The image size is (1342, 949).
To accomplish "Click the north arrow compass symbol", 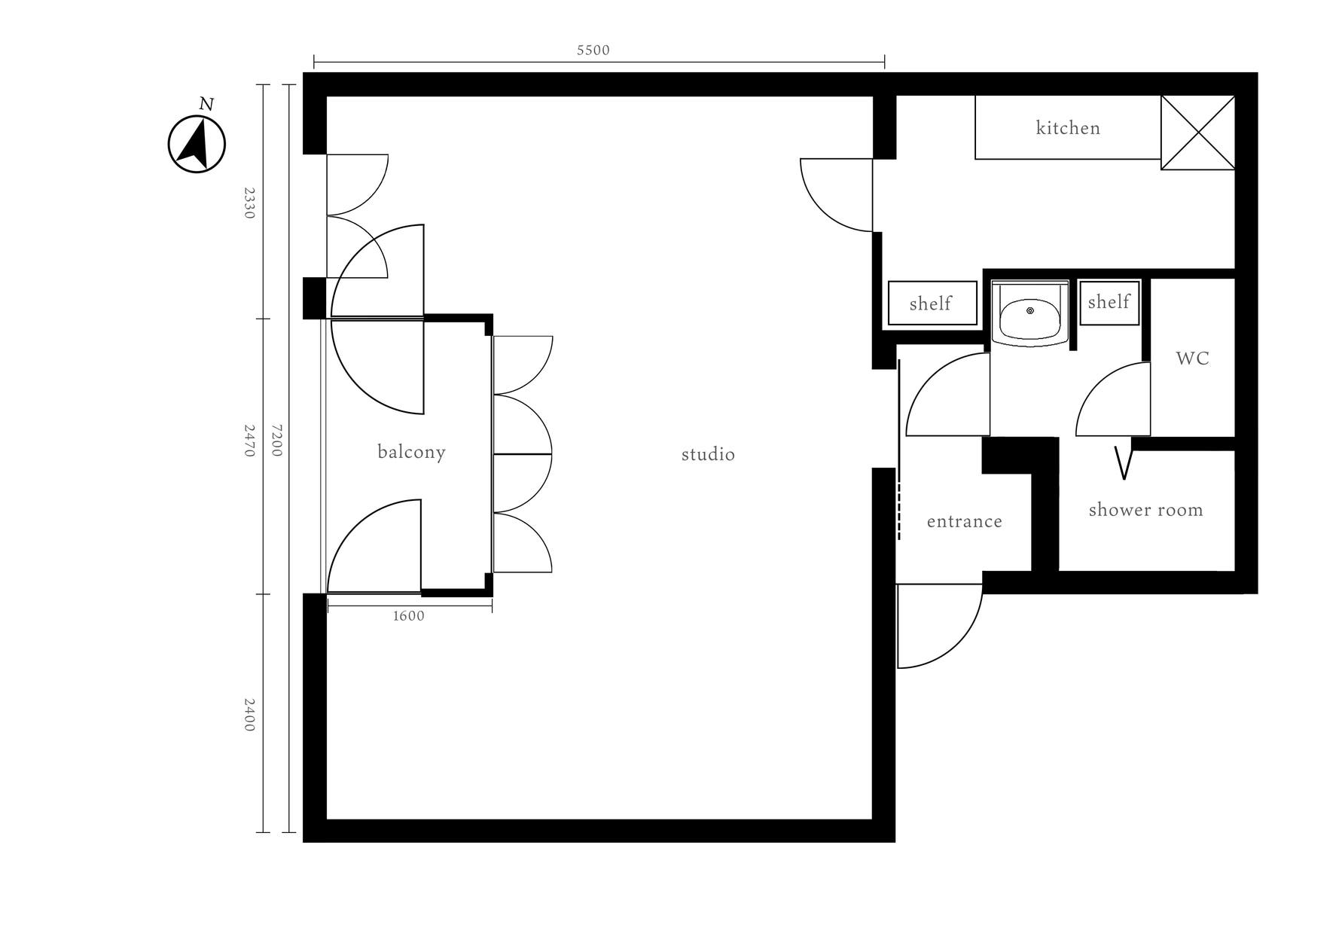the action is (197, 144).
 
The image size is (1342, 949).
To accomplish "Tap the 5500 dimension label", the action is (593, 50).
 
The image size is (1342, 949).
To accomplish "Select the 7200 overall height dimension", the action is (276, 440).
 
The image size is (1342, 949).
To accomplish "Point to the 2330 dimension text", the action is (249, 203).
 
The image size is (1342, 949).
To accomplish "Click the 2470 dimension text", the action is (249, 441).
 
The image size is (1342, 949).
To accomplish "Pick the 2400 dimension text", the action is (249, 715).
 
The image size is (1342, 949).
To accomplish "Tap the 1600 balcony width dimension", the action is (409, 616).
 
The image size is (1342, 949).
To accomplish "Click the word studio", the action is (708, 454).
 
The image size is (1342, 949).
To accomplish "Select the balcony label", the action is (411, 452).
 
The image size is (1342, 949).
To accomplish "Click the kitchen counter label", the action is (1068, 128).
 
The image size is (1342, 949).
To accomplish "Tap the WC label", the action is (1192, 359).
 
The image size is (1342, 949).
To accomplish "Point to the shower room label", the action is (1145, 510).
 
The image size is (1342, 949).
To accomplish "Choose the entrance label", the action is (964, 521).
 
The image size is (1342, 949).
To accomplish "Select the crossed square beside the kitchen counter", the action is (1197, 133).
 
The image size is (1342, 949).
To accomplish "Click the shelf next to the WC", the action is (1109, 302).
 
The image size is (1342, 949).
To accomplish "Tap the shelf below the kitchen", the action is (932, 304).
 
